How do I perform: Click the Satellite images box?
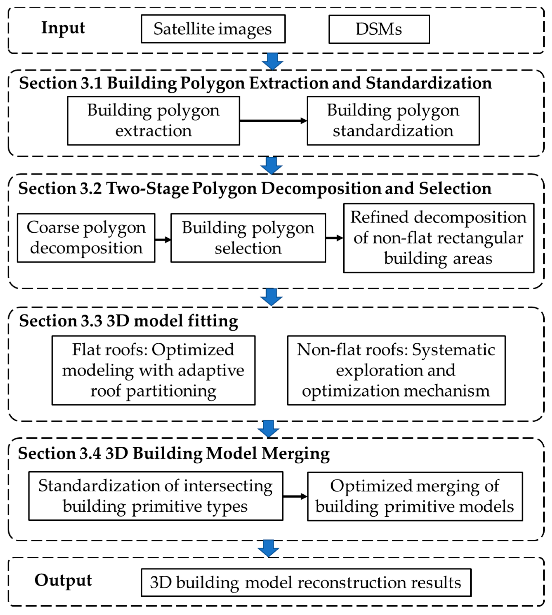tap(213, 29)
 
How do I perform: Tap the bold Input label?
tap(63, 28)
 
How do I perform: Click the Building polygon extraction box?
tap(153, 121)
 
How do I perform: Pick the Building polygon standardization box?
tap(393, 121)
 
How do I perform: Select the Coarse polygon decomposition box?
tap(86, 238)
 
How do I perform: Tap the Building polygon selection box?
tap(248, 238)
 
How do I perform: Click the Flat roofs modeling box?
tap(153, 370)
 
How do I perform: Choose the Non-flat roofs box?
tap(396, 370)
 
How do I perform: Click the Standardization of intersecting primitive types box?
tap(156, 496)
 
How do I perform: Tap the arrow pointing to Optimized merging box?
tap(295, 496)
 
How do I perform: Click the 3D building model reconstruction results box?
tap(306, 583)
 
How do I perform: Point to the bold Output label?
tap(63, 580)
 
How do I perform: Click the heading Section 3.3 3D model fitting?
tap(129, 321)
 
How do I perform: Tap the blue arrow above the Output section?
tap(268, 548)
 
